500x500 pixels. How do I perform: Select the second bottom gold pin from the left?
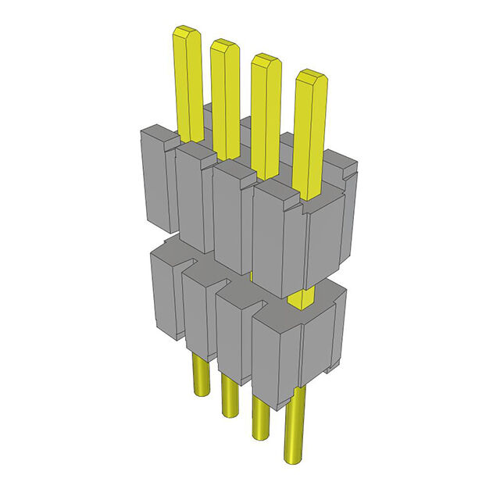pos(228,395)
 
